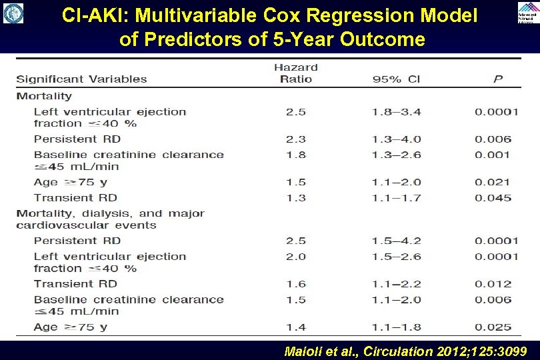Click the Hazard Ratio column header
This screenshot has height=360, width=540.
click(x=295, y=73)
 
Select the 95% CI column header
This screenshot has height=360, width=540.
click(x=396, y=79)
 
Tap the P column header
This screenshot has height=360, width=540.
click(x=497, y=79)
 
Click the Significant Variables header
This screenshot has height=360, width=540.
click(x=81, y=79)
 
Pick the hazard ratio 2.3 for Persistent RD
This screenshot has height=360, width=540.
click(x=295, y=139)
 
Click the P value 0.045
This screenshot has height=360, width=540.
click(x=493, y=197)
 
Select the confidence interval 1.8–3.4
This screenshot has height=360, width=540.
click(x=397, y=112)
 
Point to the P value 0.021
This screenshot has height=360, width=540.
click(x=493, y=182)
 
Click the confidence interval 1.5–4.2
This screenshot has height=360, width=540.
click(x=397, y=241)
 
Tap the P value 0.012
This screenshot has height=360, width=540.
click(x=493, y=283)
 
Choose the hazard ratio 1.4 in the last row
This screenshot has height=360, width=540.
click(x=295, y=327)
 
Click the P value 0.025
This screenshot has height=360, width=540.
click(x=493, y=327)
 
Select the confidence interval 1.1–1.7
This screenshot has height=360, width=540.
click(x=397, y=197)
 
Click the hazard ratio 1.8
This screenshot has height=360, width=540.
click(x=295, y=155)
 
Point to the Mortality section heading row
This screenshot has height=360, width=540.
click(x=44, y=96)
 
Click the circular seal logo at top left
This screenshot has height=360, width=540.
click(x=13, y=13)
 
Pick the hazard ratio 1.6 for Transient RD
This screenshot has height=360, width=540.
click(x=295, y=283)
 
